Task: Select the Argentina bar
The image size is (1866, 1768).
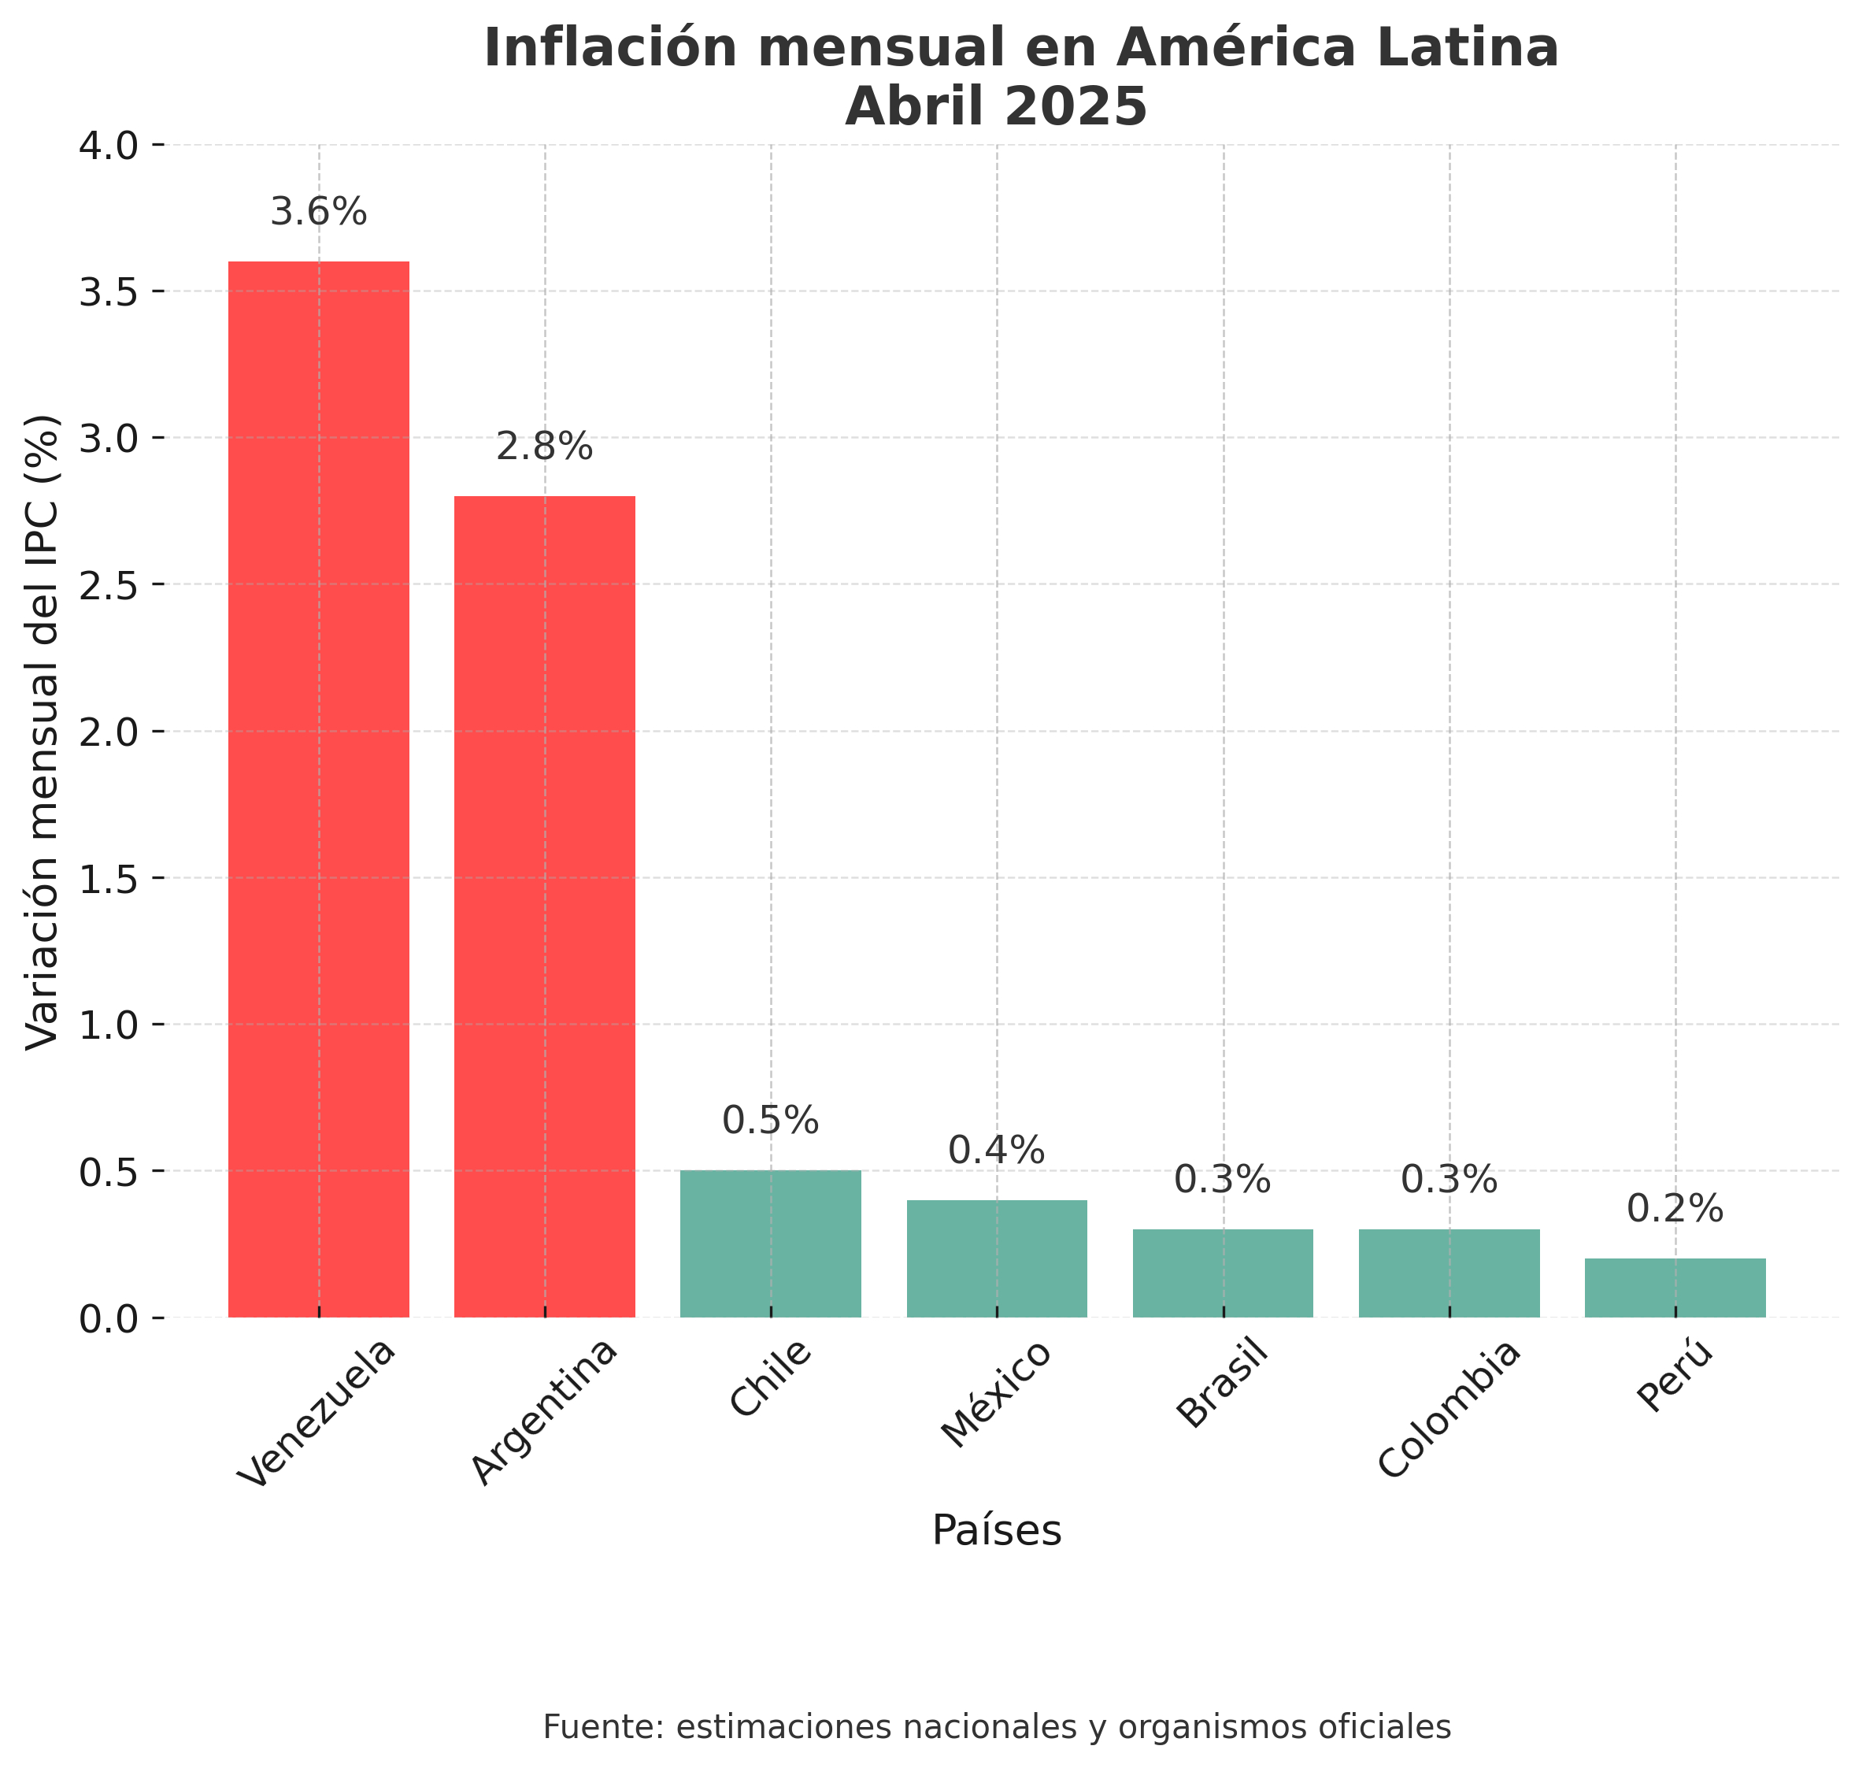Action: (545, 906)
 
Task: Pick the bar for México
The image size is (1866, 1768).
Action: (996, 1258)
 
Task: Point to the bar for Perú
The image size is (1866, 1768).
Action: (1675, 1288)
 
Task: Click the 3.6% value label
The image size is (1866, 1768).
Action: (319, 212)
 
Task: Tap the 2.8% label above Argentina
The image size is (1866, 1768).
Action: (545, 447)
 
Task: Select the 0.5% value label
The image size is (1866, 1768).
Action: (770, 1121)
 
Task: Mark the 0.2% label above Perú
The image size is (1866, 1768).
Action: (1675, 1209)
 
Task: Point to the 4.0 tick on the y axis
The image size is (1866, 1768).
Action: (109, 146)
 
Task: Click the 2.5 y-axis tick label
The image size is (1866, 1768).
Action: (109, 585)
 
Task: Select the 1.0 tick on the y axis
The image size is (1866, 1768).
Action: (109, 1025)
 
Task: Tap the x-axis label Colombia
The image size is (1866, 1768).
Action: (1449, 1410)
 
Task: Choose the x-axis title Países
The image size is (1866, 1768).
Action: (996, 1530)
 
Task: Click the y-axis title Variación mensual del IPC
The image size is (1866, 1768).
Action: (43, 732)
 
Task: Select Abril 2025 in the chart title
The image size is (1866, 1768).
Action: (996, 106)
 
